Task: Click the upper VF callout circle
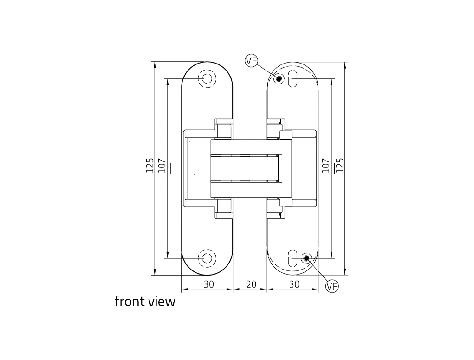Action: pyautogui.click(x=251, y=61)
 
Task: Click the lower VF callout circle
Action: pyautogui.click(x=332, y=286)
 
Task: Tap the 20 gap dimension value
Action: pyautogui.click(x=251, y=284)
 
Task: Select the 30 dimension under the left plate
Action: pyautogui.click(x=208, y=284)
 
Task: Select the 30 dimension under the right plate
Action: pyautogui.click(x=294, y=284)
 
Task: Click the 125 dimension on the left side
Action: pyautogui.click(x=150, y=166)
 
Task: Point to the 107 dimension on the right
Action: pyautogui.click(x=325, y=166)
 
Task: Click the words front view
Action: pyautogui.click(x=145, y=302)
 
